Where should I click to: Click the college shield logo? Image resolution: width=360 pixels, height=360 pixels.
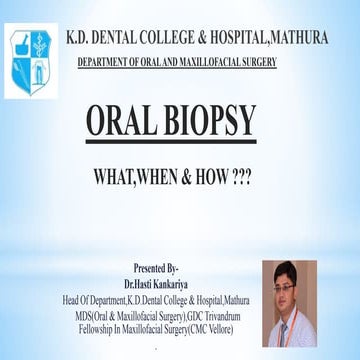coord(27,51)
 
